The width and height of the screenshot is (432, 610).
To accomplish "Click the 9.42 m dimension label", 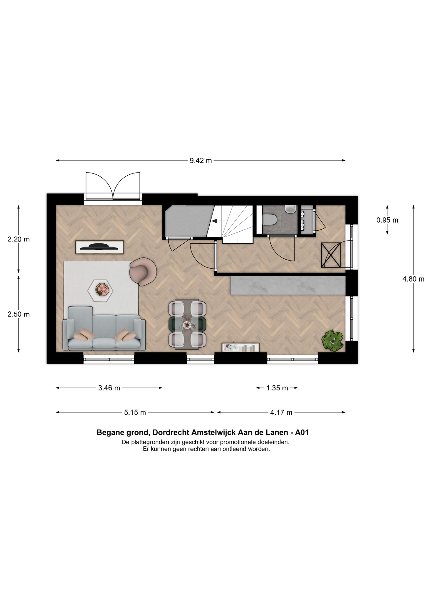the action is coord(201,160).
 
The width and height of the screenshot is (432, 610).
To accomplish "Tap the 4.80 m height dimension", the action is coord(413,279).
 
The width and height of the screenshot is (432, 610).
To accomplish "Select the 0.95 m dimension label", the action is coord(387,220).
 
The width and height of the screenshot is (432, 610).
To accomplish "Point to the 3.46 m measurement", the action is coord(109,388).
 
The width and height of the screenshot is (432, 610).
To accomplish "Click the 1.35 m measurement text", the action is coord(277,388).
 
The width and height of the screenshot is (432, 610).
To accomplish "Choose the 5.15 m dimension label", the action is coord(135,412).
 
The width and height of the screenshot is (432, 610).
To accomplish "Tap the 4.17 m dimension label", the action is coord(281,412).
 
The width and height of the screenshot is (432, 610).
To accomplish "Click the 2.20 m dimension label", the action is coord(19,239).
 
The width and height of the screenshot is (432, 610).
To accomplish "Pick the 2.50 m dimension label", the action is coord(19,314).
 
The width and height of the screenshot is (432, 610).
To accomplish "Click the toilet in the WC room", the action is coord(270,219).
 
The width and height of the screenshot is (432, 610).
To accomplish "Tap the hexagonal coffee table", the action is coord(101,290).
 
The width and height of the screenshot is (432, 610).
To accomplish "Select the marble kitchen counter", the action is coord(288,285).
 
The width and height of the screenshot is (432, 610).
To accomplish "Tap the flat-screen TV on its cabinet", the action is coord(100,247).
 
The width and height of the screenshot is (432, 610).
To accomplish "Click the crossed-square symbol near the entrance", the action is coord(331,255).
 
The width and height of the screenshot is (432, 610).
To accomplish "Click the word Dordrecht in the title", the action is coord(169,432).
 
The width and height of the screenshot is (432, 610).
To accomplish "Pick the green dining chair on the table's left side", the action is coord(174,324).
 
